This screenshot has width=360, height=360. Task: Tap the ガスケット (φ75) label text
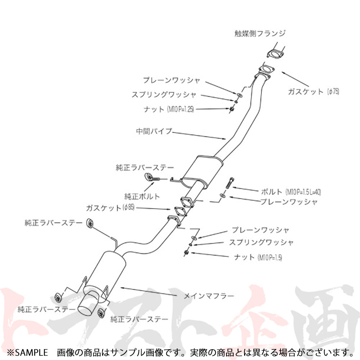[x=313, y=91]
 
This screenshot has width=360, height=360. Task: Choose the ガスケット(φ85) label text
[x=110, y=208]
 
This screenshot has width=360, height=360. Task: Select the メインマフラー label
[x=209, y=296]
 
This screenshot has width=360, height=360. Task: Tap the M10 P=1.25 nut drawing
[x=232, y=108]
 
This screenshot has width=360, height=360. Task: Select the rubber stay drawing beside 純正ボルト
[x=149, y=177]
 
